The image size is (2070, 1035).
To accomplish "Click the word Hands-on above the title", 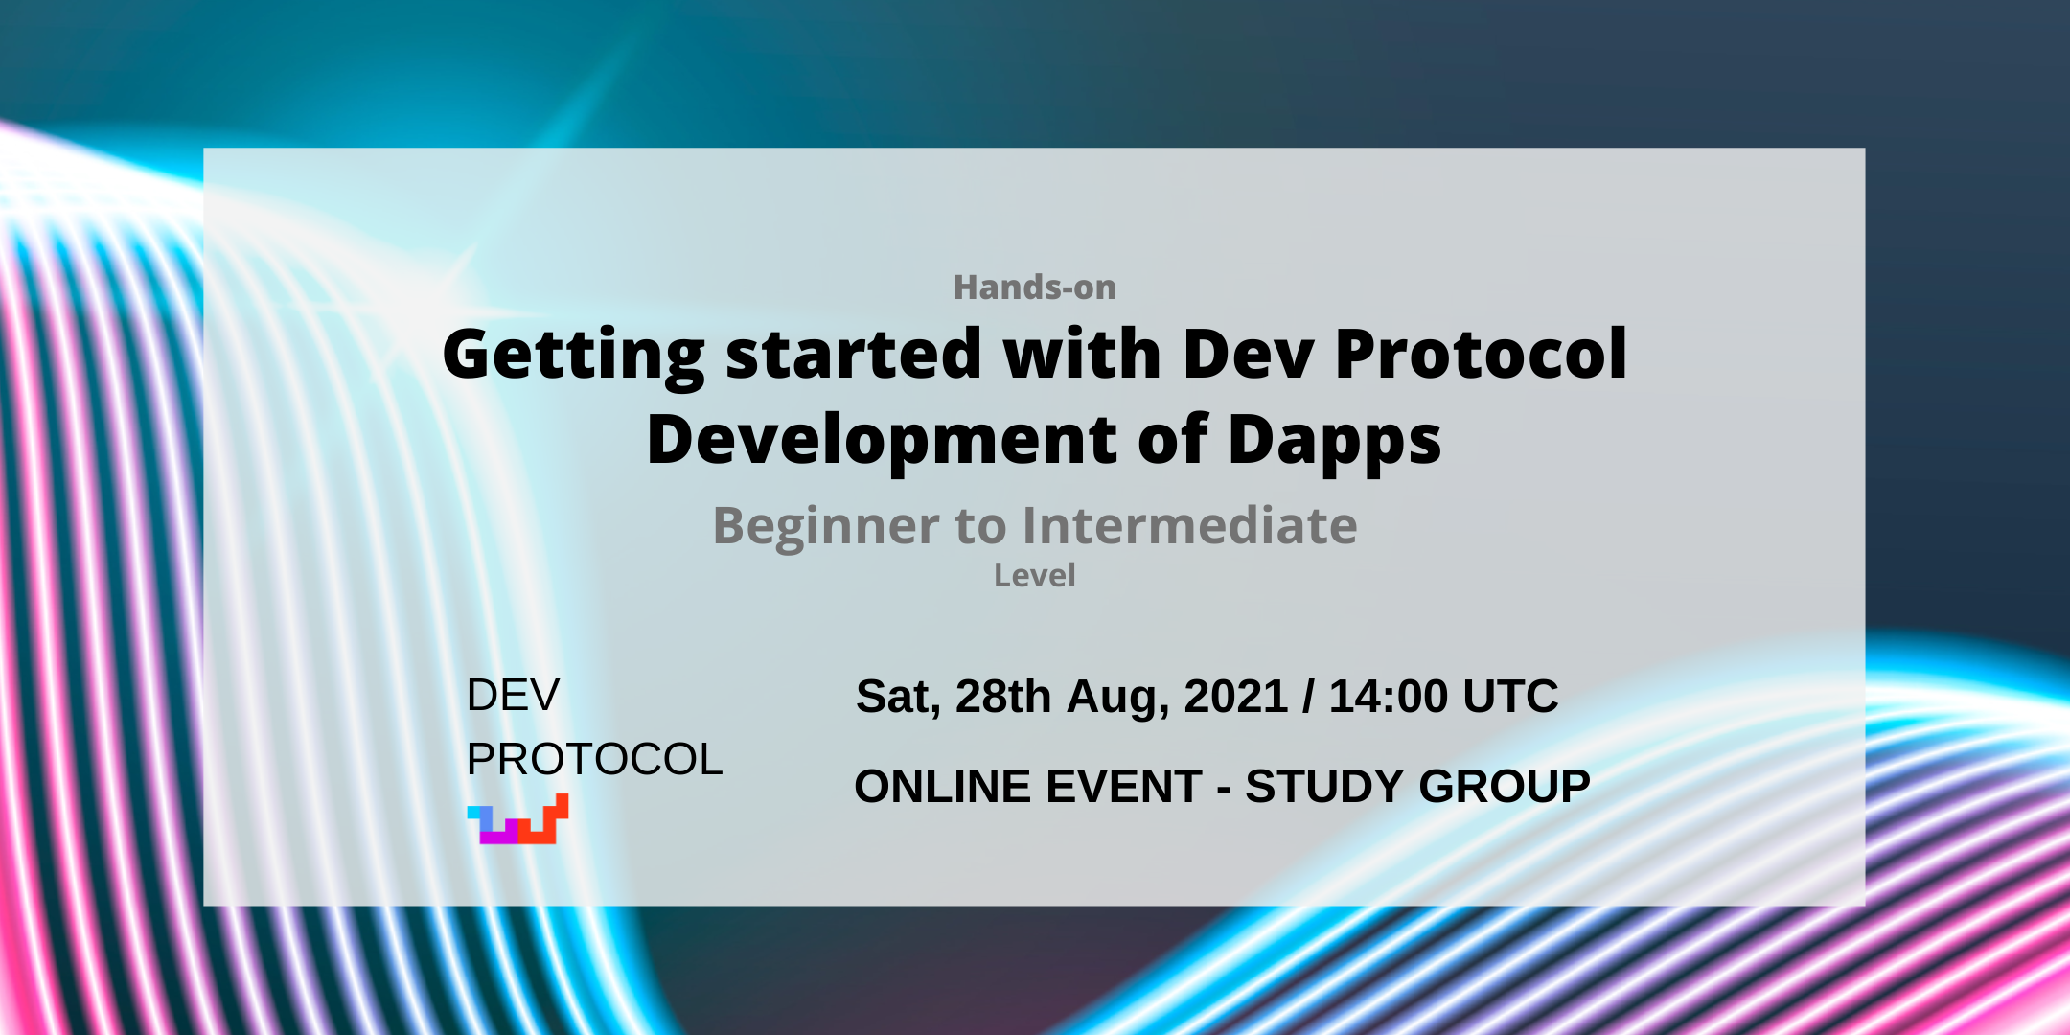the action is [x=1035, y=287].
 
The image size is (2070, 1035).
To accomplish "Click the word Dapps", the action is [x=1335, y=441].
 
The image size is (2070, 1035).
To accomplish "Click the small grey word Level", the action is [x=1035, y=576].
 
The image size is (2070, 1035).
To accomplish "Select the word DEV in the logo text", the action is [x=513, y=696].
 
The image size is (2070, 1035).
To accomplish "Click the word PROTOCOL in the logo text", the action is [x=594, y=760].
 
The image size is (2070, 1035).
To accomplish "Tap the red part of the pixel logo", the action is [x=544, y=822].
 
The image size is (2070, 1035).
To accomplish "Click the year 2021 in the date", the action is [x=1235, y=697].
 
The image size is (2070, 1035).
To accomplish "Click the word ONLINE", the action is [x=943, y=787].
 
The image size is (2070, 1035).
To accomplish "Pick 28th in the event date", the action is [x=1003, y=697].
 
